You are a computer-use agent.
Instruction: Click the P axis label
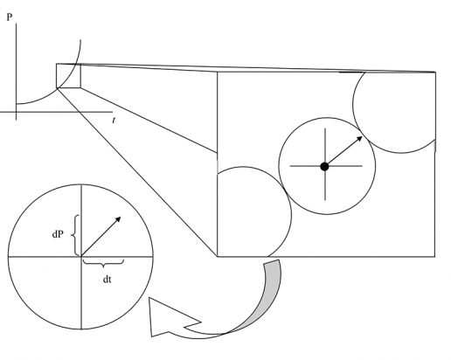(x=10, y=17)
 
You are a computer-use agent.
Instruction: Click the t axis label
(x=114, y=120)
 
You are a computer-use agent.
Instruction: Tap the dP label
(x=58, y=234)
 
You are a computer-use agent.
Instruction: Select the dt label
(x=108, y=280)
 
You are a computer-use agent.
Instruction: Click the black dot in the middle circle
(x=324, y=167)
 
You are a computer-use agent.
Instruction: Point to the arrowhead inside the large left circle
(x=118, y=219)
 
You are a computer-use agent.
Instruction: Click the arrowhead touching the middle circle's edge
(x=359, y=139)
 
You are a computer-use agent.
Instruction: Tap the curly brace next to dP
(x=75, y=235)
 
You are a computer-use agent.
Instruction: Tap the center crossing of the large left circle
(x=81, y=257)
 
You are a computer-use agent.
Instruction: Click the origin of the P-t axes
(x=16, y=112)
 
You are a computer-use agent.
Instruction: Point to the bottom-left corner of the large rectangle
(x=218, y=257)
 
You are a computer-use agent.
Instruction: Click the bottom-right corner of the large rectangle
(x=435, y=257)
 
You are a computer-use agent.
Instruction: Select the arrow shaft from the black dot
(x=342, y=152)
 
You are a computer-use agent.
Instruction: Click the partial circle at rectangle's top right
(x=353, y=105)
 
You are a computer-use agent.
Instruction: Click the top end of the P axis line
(x=16, y=24)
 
